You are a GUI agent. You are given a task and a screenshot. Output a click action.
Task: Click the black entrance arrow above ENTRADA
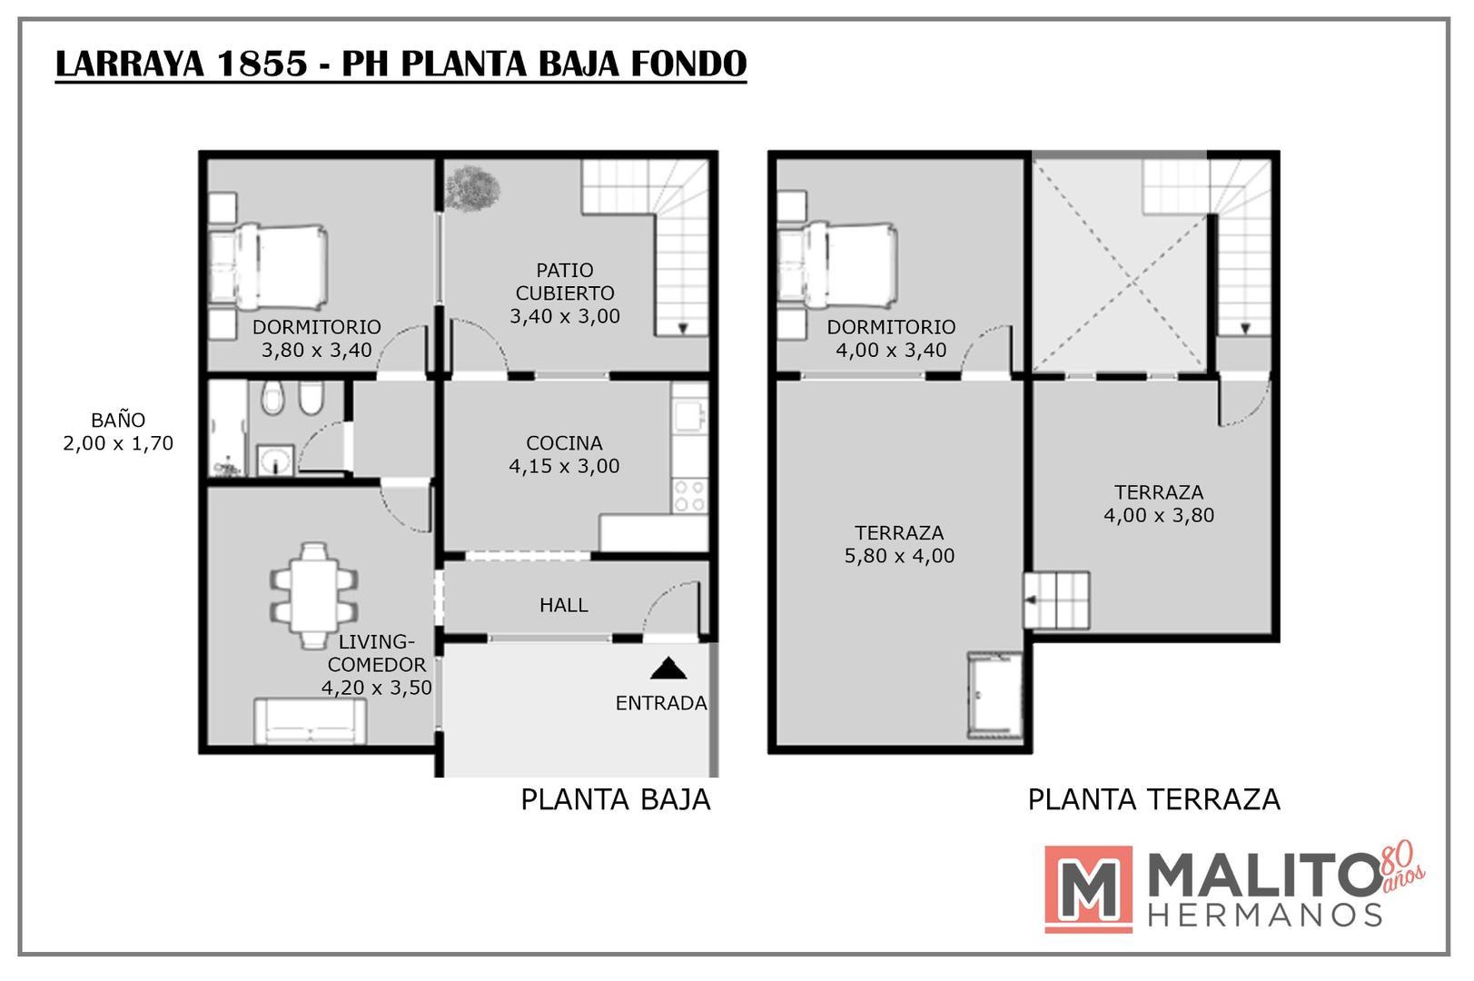click(668, 669)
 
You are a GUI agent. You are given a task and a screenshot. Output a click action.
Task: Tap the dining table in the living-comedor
click(314, 595)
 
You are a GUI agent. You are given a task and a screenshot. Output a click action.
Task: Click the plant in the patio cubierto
click(472, 188)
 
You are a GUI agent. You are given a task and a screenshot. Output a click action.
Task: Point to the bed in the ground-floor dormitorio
click(268, 265)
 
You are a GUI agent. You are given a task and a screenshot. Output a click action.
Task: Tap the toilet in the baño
click(271, 398)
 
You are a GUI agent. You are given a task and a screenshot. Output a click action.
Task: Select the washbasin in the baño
click(273, 461)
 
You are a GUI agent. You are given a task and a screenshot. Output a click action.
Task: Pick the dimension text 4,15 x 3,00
click(564, 466)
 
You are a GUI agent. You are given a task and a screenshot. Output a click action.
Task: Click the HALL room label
click(563, 605)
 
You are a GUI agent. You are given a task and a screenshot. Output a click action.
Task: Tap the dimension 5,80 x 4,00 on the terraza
click(899, 556)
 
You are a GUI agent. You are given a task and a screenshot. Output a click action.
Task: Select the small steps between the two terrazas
click(1057, 599)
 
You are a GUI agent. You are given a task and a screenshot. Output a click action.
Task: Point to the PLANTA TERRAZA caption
click(1153, 799)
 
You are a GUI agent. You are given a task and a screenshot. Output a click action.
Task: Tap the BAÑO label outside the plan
click(118, 421)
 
